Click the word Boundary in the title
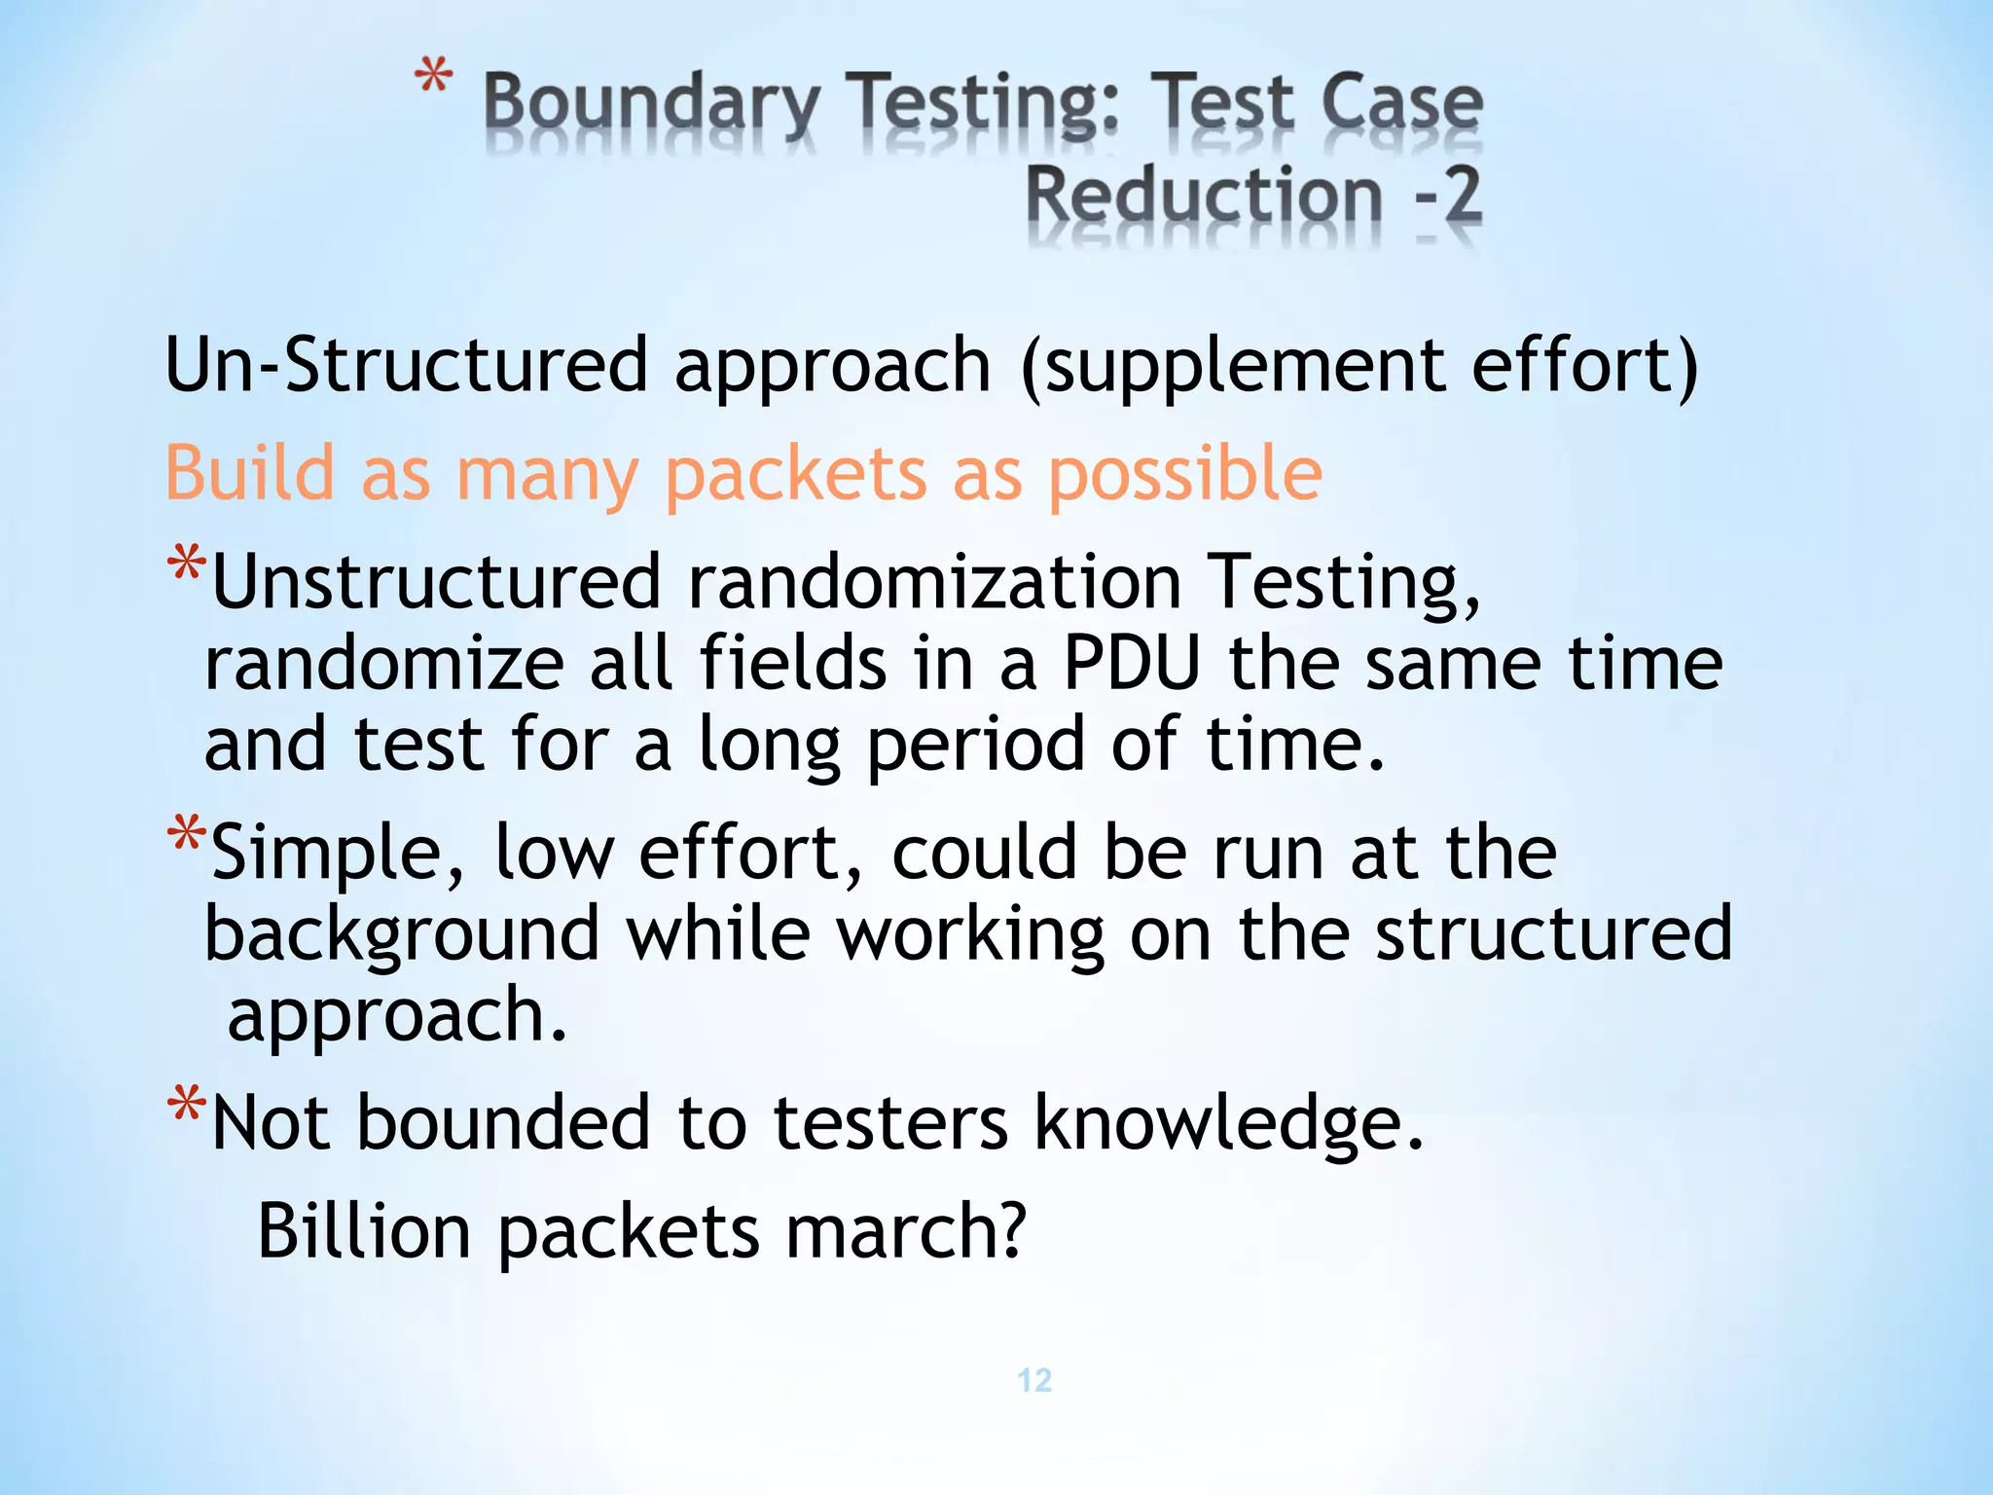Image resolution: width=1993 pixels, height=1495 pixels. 651,104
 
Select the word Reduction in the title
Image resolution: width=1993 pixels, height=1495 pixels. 1204,195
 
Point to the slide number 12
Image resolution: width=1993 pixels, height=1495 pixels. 1034,1379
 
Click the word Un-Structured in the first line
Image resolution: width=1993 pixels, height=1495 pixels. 406,365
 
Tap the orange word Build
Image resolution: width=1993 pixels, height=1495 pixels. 250,473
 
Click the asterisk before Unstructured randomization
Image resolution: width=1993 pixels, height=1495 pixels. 186,565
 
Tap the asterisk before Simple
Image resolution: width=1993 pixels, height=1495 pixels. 186,835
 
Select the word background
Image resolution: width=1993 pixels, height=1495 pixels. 401,934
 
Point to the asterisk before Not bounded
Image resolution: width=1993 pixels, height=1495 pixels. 186,1106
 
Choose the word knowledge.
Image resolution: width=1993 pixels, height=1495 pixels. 1228,1123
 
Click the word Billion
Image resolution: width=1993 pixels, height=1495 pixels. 364,1231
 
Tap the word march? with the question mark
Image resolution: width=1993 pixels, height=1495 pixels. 905,1231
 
